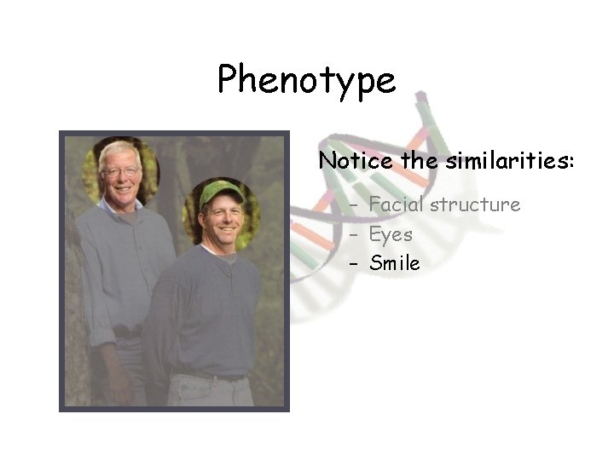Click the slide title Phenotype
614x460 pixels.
306,81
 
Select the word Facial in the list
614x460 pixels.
397,205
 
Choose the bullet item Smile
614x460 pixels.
395,264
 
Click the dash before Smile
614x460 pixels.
352,264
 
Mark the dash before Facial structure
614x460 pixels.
352,205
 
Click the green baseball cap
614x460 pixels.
219,193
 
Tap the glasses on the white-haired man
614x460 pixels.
120,172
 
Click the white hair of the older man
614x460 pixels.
119,151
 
